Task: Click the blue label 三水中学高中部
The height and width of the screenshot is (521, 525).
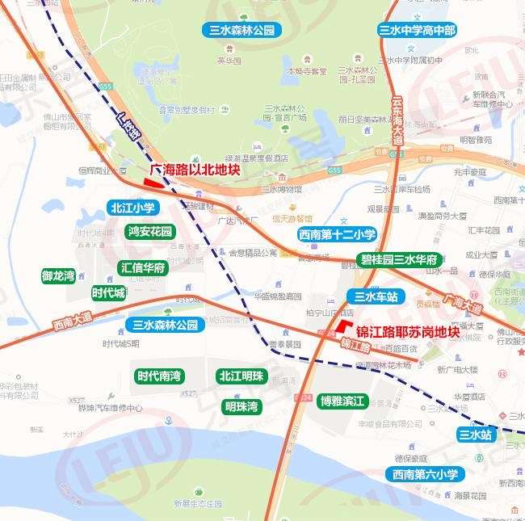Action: [x=418, y=31]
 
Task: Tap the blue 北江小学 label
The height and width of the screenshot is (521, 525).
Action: [x=132, y=208]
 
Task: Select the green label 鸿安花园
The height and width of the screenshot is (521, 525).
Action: [x=150, y=232]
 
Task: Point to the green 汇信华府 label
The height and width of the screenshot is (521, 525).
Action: [x=143, y=267]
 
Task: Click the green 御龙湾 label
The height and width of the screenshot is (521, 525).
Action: [x=58, y=276]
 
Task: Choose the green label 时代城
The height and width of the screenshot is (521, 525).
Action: [x=108, y=292]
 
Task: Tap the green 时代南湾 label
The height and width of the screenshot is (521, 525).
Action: [x=159, y=376]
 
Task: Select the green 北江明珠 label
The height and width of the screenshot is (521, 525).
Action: [x=241, y=376]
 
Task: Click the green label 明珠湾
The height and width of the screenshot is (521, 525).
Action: [x=241, y=405]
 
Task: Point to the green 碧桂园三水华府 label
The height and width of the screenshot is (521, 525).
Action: [x=399, y=260]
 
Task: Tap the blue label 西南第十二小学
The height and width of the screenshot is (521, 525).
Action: [x=337, y=235]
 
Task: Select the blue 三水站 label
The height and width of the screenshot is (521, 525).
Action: [x=475, y=435]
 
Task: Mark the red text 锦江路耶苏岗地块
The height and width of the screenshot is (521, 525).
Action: [x=408, y=331]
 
